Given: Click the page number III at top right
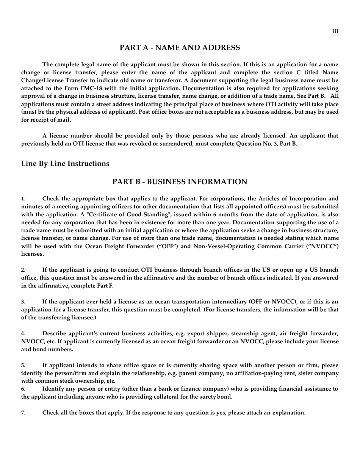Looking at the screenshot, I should [x=335, y=31].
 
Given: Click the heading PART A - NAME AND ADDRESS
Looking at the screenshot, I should [x=180, y=48].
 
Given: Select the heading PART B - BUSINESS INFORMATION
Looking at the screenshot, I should [x=180, y=182].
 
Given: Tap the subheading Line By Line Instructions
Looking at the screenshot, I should [x=65, y=164].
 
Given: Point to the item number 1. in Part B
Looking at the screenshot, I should [x=23, y=199].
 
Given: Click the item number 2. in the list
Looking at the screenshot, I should [x=23, y=270].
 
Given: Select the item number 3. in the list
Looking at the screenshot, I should [x=23, y=302].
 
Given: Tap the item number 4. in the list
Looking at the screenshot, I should [x=23, y=334].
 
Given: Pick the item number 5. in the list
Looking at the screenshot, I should [x=23, y=366].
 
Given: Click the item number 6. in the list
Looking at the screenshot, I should [x=23, y=389].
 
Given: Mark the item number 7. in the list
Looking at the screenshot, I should [x=23, y=413].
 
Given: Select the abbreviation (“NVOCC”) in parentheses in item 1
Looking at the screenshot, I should [x=323, y=246].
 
